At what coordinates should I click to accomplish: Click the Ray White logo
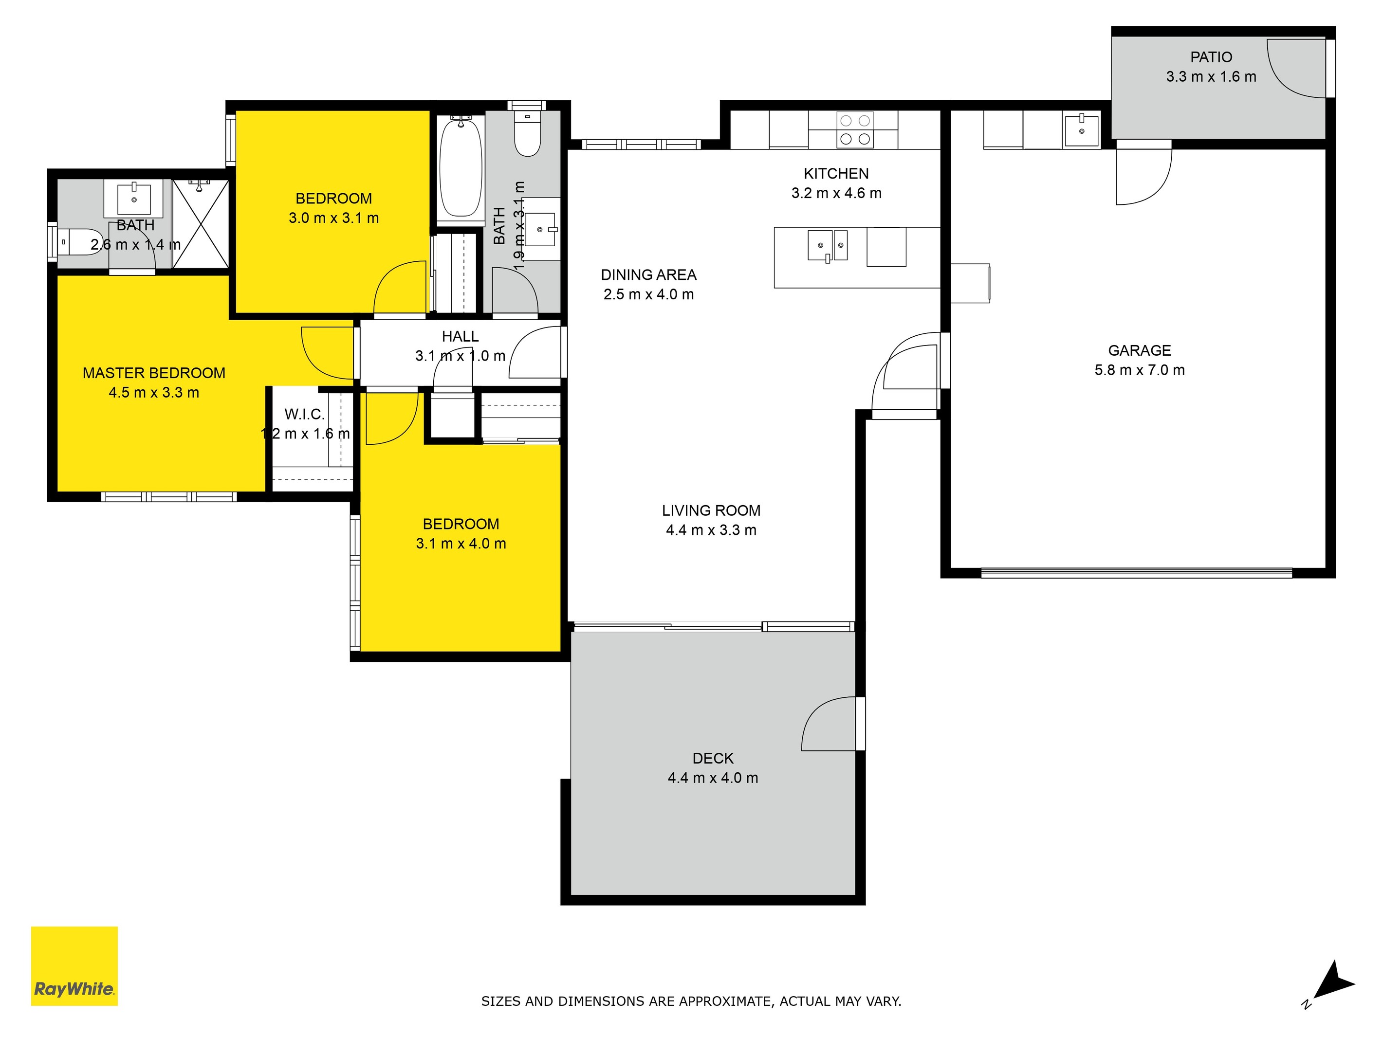pos(74,966)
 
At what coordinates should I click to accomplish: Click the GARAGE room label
pos(1139,351)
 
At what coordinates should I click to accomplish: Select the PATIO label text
pos(1211,57)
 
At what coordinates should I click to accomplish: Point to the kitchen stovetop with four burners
pos(855,130)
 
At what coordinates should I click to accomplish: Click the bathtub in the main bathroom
pos(461,167)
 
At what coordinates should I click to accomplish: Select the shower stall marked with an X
pos(200,224)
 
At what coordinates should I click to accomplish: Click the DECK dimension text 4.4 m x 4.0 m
pos(712,778)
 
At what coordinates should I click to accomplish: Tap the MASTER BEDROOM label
pos(154,373)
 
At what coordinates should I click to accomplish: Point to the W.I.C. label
pos(304,414)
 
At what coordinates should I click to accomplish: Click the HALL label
pos(460,336)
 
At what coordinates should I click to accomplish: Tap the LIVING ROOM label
pos(711,510)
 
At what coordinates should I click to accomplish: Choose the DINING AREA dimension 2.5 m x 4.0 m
pos(648,294)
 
